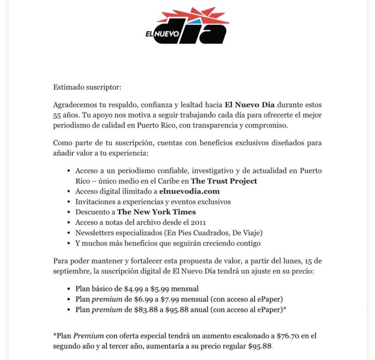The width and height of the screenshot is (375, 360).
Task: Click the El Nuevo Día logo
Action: click(187, 26)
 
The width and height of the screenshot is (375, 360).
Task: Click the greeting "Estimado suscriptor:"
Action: click(87, 87)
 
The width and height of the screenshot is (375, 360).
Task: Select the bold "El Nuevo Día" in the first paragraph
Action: click(250, 105)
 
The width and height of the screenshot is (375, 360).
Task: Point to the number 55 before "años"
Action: click(57, 115)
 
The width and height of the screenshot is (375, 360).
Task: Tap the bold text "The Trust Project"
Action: click(224, 181)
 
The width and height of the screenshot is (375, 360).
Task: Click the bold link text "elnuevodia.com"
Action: click(189, 191)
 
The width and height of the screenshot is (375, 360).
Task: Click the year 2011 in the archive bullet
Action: click(197, 222)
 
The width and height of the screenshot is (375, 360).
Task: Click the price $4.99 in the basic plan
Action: click(134, 288)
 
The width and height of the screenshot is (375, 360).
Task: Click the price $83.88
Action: click(153, 309)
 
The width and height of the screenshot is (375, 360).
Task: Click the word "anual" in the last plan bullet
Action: click(201, 309)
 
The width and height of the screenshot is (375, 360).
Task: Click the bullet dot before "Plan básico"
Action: click(69, 289)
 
